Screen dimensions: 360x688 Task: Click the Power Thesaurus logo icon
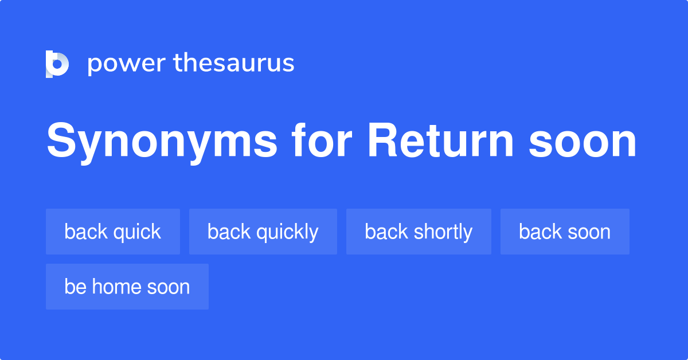(x=57, y=64)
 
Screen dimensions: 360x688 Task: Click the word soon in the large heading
(x=583, y=142)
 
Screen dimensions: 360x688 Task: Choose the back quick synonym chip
(x=113, y=232)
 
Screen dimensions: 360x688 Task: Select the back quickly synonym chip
(x=263, y=232)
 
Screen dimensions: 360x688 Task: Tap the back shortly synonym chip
(x=419, y=232)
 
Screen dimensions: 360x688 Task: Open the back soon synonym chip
(x=565, y=232)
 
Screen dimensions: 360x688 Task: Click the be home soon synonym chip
(x=127, y=287)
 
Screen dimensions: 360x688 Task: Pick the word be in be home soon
(x=75, y=287)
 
